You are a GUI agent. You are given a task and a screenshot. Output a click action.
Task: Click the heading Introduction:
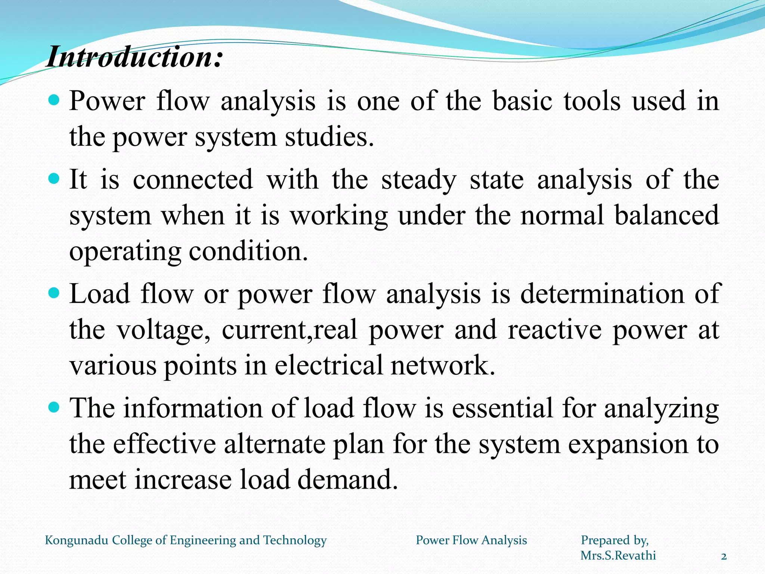tap(134, 57)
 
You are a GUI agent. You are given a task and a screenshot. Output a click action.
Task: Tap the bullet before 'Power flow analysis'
tap(54, 100)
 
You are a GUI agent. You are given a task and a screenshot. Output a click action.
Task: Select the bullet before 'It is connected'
tap(54, 179)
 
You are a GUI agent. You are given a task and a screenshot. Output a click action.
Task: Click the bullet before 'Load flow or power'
tap(54, 293)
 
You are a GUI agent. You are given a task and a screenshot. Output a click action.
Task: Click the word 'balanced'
tap(667, 215)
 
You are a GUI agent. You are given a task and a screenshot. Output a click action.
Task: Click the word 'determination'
tap(602, 294)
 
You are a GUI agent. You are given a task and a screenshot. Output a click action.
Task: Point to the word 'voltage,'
tap(164, 330)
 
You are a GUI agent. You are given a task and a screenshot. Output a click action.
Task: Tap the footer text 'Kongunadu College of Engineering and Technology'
tap(186, 540)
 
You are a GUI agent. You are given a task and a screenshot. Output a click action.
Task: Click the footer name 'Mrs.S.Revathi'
tap(618, 555)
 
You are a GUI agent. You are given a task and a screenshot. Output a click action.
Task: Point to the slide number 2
tap(724, 557)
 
